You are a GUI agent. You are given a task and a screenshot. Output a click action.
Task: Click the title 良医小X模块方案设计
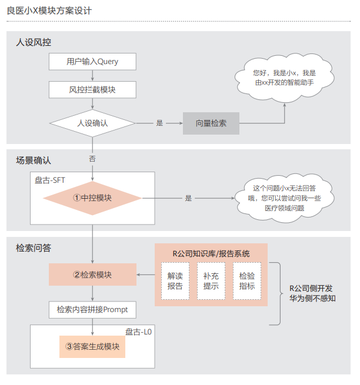pos(49,11)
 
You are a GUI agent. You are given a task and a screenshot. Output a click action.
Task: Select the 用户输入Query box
pos(92,61)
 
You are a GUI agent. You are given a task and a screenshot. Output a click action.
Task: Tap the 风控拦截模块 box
pos(92,90)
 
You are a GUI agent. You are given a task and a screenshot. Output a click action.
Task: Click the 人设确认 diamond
pos(92,123)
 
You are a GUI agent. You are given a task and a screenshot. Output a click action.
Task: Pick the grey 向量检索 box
pos(211,123)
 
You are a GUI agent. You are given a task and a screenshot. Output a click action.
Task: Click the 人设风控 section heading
pos(34,42)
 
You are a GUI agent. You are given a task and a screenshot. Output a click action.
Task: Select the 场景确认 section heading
pos(34,160)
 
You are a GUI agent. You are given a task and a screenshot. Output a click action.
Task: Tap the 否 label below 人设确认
pos(92,159)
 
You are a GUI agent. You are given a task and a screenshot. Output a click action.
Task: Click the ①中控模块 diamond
pos(92,198)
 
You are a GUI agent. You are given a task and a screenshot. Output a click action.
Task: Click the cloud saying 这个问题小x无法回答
pos(284,198)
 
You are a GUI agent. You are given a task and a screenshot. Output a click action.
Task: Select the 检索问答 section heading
pos(34,248)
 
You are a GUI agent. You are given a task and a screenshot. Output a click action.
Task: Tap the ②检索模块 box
pos(92,274)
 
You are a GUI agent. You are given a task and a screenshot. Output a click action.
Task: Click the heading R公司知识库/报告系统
pos(211,254)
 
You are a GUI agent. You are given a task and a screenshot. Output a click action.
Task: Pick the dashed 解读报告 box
pos(175,281)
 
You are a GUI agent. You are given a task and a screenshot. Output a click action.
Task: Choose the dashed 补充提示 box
pos(211,281)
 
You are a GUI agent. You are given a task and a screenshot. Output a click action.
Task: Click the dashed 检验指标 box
pos(247,281)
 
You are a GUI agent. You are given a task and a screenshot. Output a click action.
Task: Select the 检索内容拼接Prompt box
pos(92,309)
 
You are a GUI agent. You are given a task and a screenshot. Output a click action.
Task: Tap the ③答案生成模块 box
pos(92,347)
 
